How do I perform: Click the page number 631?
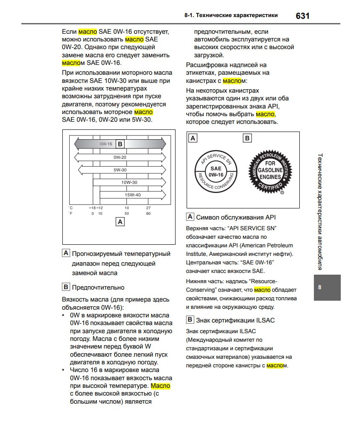[x=302, y=16]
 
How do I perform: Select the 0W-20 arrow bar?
[x=120, y=157]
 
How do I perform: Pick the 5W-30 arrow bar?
[x=121, y=170]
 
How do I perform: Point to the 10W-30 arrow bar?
[x=129, y=182]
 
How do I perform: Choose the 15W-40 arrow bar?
[x=132, y=195]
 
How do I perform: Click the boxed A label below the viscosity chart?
[x=120, y=222]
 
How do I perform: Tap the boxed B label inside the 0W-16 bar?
[x=120, y=144]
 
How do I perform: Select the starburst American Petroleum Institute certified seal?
[x=270, y=171]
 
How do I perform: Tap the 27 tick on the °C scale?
[x=148, y=208]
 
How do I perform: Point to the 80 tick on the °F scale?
[x=148, y=213]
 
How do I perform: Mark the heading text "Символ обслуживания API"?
[x=236, y=217]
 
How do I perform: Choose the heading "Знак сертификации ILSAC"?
[x=235, y=320]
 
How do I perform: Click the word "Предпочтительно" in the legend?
[x=98, y=287]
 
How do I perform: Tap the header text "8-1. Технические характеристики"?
[x=231, y=15]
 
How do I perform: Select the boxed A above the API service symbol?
[x=193, y=138]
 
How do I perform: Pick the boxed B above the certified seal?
[x=247, y=138]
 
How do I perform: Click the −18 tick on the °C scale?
[x=92, y=208]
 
